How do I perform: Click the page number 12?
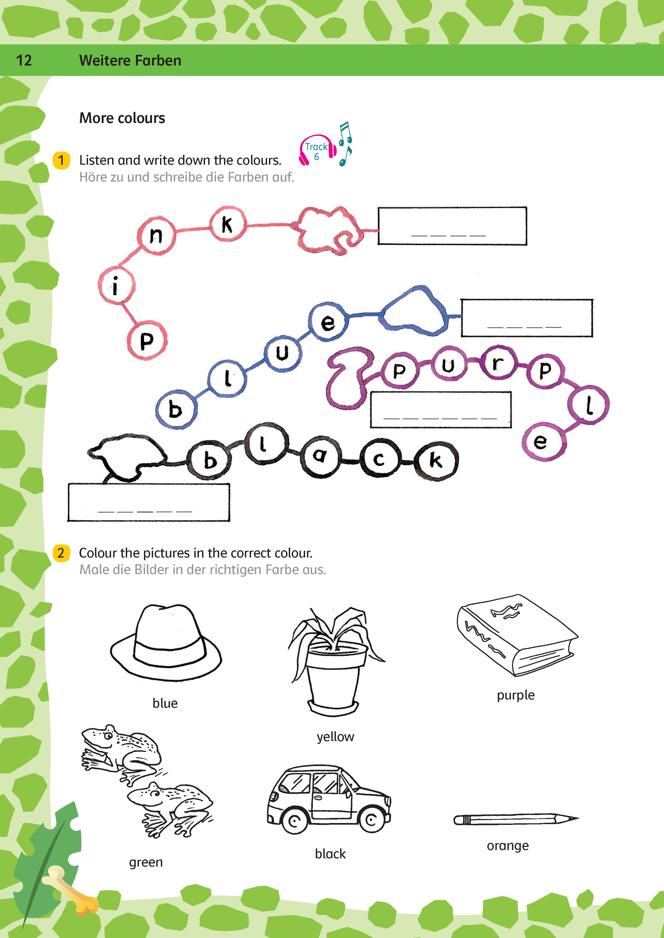[x=24, y=60]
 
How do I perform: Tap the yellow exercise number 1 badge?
[x=61, y=160]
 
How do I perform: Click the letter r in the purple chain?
[x=497, y=363]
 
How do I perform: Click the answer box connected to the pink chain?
[x=452, y=226]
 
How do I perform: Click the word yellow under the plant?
[x=335, y=737]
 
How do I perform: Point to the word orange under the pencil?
[x=508, y=846]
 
